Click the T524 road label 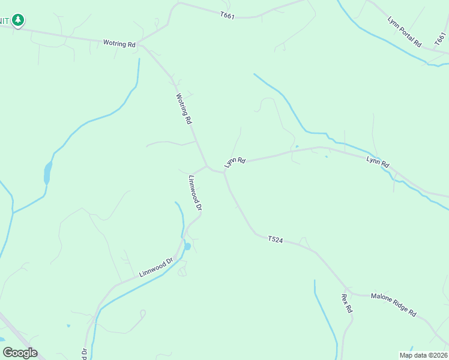click(276, 239)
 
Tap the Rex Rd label click(346, 303)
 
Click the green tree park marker click(18, 21)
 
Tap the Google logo click(20, 353)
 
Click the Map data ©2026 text click(423, 355)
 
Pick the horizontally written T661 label click(227, 16)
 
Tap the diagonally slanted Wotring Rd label click(184, 108)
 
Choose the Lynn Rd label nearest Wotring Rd click(235, 162)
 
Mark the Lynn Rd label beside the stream click(378, 161)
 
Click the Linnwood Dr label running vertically click(195, 193)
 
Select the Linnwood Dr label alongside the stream click(156, 267)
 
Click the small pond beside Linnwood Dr click(187, 246)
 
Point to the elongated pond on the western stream click(47, 174)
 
